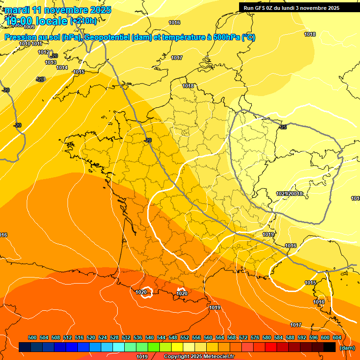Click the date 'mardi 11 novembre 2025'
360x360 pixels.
59,10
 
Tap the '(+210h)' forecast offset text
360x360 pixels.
83,21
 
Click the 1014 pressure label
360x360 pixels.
62,67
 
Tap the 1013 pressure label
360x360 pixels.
51,62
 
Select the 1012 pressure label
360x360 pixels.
44,52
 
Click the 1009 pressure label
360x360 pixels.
29,40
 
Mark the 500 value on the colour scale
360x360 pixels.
32,337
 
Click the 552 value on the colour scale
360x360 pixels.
185,337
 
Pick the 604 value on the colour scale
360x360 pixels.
337,337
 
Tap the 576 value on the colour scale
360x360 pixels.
255,337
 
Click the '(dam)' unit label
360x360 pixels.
347,348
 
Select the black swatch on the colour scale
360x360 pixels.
330,347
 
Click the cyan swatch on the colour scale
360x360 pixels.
119,347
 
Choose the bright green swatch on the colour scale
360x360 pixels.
154,347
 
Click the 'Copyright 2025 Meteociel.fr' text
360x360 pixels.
199,357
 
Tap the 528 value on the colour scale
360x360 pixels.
114,337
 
